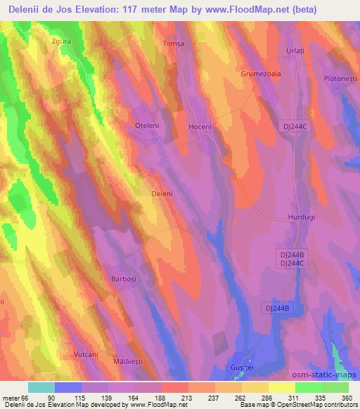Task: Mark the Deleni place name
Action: pos(162,193)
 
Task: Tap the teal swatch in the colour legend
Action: pos(41,387)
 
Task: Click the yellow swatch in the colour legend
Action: pos(281,387)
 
